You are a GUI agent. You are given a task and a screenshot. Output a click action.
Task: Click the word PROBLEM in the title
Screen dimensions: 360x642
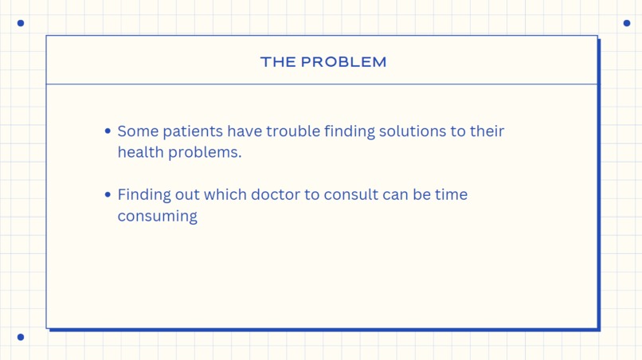pos(343,62)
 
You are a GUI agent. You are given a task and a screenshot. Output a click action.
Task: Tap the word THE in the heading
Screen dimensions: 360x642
pos(278,62)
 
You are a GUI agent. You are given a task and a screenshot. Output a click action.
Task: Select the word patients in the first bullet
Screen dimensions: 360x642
pos(193,131)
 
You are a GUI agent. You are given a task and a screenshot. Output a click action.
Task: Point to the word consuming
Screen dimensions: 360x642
pos(157,217)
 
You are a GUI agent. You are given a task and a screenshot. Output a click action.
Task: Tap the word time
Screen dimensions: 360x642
pos(451,195)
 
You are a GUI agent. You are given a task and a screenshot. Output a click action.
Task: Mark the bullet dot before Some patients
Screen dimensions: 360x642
pos(108,131)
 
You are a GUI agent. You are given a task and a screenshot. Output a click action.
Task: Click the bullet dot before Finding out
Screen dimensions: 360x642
pos(108,195)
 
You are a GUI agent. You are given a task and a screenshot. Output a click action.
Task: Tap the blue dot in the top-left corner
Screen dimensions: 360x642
pos(21,23)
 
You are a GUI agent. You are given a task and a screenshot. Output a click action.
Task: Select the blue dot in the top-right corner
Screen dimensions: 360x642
pos(627,23)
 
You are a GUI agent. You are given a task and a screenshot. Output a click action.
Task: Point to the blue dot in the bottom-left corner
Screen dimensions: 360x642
pos(21,337)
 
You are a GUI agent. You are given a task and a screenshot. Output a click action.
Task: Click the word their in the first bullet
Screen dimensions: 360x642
pos(487,131)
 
